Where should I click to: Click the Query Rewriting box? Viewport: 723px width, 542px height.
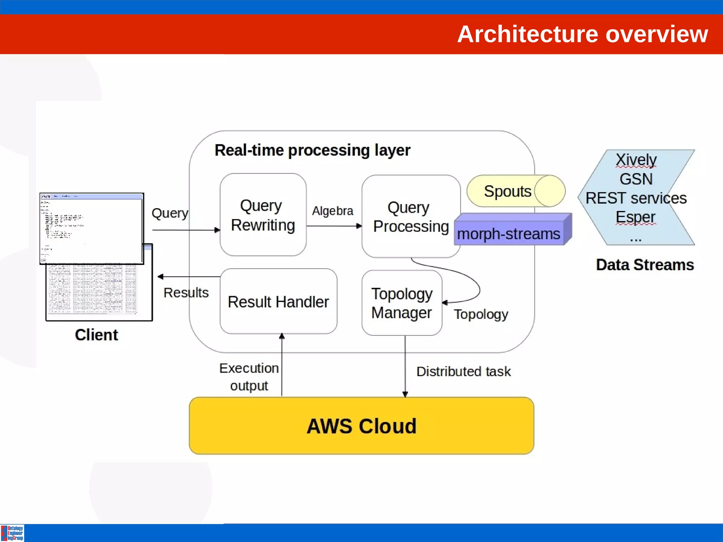pos(263,215)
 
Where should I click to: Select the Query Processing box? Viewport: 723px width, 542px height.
pos(410,216)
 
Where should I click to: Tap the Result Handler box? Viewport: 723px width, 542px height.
pos(278,302)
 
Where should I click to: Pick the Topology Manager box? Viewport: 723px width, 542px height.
pos(402,303)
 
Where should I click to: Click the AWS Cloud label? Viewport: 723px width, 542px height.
pos(361,426)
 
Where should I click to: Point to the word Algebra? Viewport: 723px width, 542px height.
pos(332,211)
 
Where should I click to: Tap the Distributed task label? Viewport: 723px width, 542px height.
pos(463,371)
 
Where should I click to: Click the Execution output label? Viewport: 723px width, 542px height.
pos(249,377)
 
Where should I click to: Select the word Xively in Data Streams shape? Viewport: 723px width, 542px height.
pos(636,159)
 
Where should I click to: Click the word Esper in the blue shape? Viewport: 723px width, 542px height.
pos(635,217)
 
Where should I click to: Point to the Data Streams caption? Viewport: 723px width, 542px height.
pos(645,265)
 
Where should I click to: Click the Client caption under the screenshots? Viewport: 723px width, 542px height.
pos(96,335)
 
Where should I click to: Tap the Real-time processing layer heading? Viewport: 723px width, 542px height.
pos(312,150)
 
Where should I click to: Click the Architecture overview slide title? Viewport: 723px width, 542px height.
pos(582,34)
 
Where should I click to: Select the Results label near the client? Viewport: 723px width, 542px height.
pos(186,293)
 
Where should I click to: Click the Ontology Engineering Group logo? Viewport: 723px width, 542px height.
pos(12,533)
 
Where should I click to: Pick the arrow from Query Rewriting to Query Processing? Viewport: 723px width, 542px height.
pos(334,226)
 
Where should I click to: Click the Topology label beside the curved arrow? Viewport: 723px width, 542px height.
pos(481,314)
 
